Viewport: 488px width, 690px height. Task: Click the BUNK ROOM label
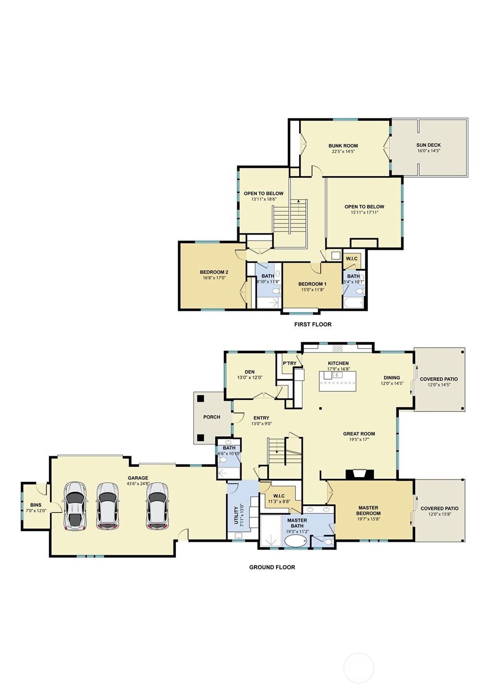pos(343,146)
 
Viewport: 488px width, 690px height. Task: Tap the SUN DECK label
pos(428,145)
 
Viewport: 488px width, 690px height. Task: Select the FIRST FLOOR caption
pos(313,325)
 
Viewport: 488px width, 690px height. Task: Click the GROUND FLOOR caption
pos(272,567)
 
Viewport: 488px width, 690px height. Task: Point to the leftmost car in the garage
pos(75,506)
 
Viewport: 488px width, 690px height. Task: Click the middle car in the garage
pos(107,506)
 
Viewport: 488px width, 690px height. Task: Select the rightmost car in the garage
pos(157,506)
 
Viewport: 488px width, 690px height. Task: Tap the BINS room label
pos(36,505)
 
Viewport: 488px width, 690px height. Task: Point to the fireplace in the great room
pos(360,474)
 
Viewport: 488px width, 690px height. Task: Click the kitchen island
pos(338,381)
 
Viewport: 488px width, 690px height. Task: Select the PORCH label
pos(211,417)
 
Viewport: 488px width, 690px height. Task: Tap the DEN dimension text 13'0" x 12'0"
pos(250,378)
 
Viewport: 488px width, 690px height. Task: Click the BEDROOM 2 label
pos(214,272)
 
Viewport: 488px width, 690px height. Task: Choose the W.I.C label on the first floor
pos(351,259)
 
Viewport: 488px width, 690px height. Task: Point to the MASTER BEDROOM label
pos(368,511)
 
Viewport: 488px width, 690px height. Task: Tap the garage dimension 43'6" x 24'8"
pos(138,484)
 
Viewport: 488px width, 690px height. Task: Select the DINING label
pos(392,378)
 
